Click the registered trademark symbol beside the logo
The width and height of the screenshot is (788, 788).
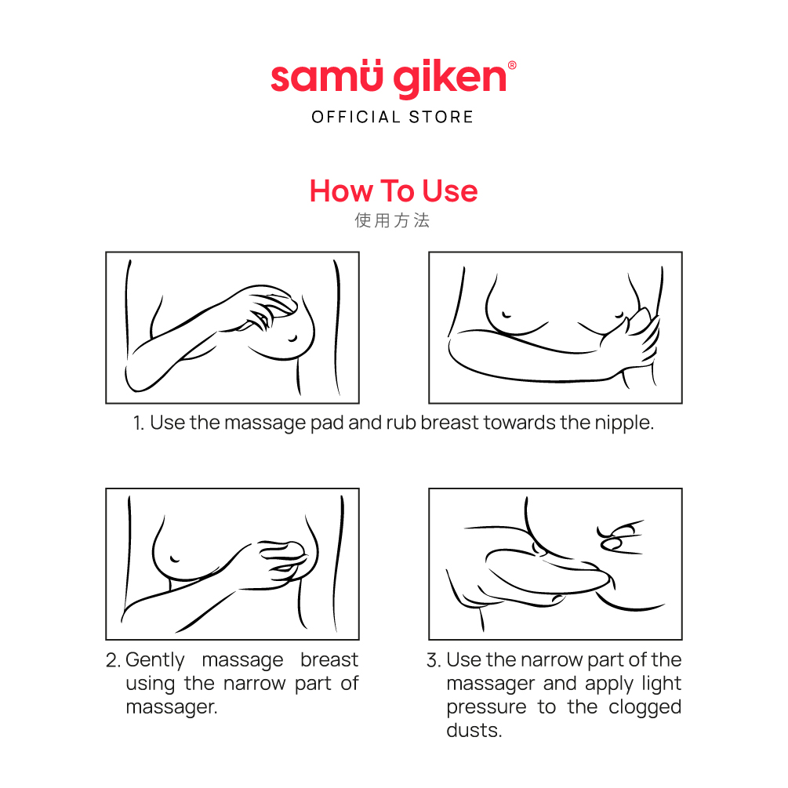(x=512, y=65)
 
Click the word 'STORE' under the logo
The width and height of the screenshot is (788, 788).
(x=441, y=117)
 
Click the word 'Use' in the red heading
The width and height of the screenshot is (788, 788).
(x=450, y=191)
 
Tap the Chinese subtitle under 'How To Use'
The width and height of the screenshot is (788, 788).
(x=393, y=220)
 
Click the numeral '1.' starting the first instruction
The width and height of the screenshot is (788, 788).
(x=139, y=423)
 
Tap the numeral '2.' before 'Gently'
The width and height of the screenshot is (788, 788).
(x=113, y=660)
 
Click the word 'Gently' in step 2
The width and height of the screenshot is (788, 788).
(x=155, y=661)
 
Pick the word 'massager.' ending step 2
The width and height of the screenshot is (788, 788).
(x=172, y=707)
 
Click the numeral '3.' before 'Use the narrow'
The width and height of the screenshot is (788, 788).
(x=434, y=660)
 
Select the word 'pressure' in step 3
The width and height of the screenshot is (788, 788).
(x=486, y=707)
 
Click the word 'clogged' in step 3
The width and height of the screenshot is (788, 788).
(x=645, y=707)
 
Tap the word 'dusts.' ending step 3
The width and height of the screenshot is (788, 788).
(x=474, y=730)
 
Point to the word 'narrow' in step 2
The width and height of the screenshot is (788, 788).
(x=254, y=684)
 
